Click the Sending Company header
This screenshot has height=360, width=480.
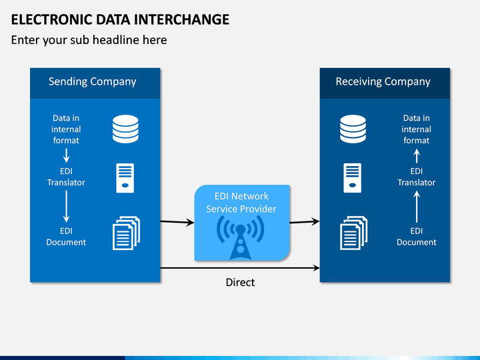coord(93,82)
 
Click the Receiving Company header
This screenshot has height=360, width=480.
coord(383,82)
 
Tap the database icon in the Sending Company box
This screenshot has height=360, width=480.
coord(125,129)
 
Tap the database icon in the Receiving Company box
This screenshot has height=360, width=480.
coord(353,129)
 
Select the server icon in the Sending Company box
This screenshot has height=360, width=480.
coord(125,178)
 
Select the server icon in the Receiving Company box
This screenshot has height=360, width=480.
coord(353,178)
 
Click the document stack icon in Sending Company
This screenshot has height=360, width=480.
coord(127,233)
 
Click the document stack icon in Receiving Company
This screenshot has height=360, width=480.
coord(354,233)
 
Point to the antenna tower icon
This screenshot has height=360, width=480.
coord(240,237)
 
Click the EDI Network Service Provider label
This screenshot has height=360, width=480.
coord(241,203)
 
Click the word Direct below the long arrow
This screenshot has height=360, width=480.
coord(240,282)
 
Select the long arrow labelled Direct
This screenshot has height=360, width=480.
coord(240,268)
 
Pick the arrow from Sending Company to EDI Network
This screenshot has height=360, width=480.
coord(177,222)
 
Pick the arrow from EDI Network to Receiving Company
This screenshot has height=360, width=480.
coord(305,221)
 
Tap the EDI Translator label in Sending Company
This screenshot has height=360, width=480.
coord(66,177)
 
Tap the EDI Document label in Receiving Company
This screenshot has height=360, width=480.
coord(417,236)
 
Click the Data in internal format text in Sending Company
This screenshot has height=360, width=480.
coord(66,129)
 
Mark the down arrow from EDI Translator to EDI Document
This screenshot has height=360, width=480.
coord(66,206)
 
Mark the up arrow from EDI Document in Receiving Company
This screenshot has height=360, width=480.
coord(417,206)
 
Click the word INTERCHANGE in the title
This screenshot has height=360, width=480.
coord(181,19)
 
